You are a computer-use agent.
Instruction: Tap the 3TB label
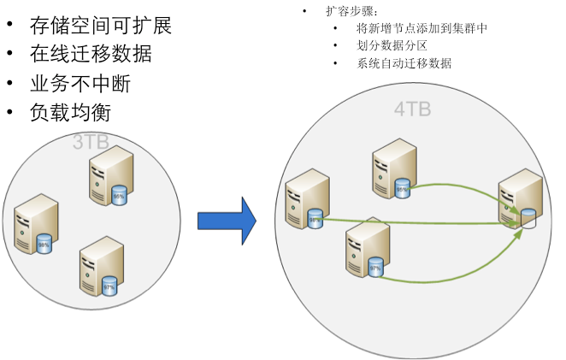[91, 142]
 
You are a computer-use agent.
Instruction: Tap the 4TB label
[413, 109]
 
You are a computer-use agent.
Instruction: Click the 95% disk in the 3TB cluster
[119, 196]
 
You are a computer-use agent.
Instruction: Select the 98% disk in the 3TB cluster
[44, 245]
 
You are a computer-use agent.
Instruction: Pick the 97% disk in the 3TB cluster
[109, 286]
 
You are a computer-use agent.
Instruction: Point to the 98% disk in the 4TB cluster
[315, 219]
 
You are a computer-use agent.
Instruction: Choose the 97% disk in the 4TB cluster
[374, 268]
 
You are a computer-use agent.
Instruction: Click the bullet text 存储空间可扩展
[101, 26]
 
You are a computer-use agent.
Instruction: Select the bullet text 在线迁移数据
[91, 54]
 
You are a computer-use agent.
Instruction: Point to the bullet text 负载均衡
[70, 112]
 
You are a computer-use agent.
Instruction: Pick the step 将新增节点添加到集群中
[422, 29]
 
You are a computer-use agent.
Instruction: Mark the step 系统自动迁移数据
[404, 63]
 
